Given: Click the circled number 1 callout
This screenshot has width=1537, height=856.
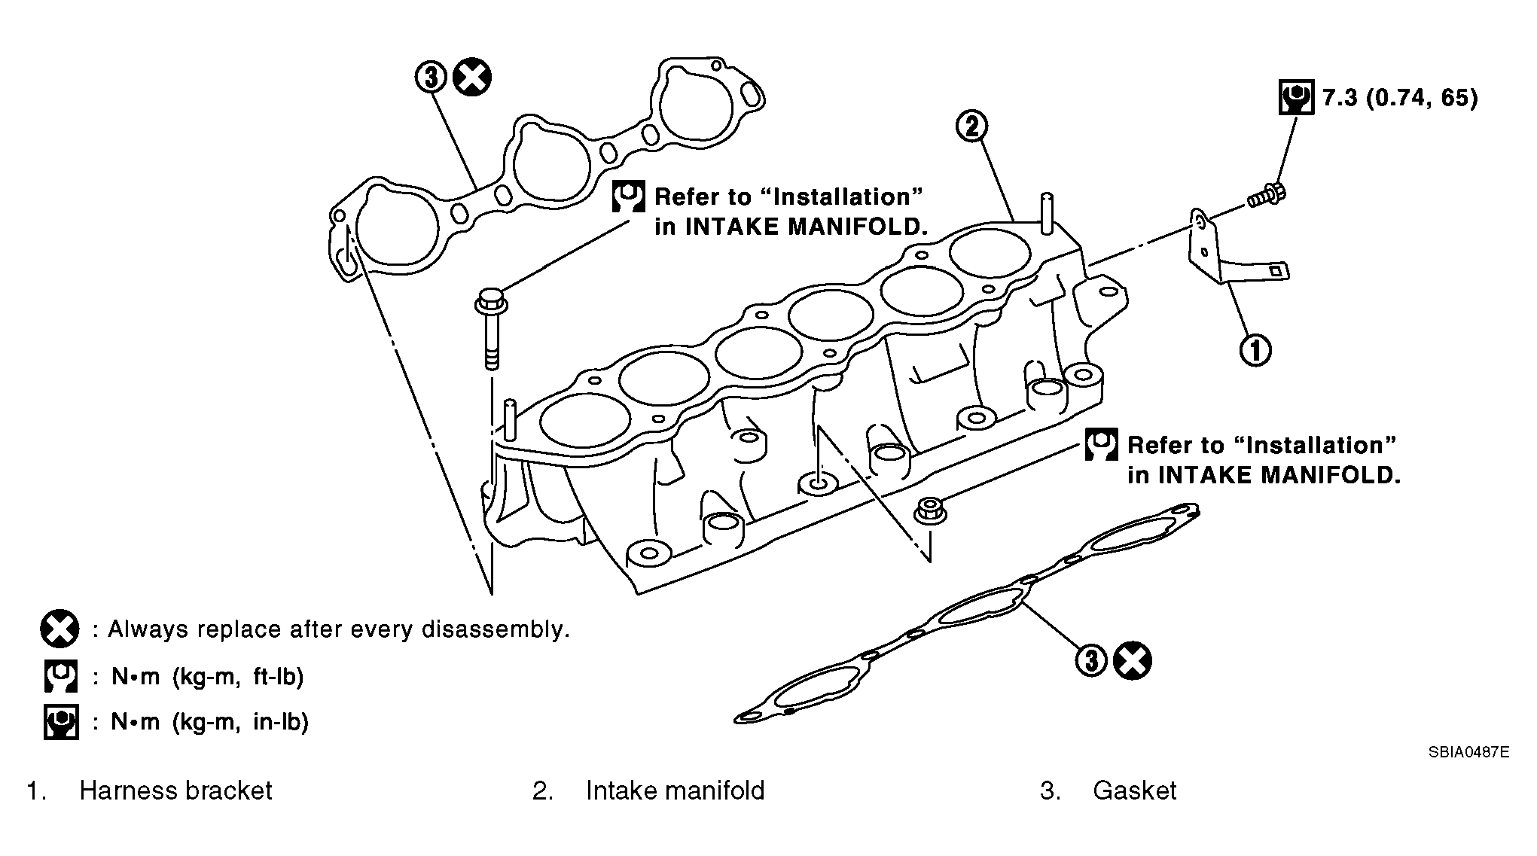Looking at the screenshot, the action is pos(1255,350).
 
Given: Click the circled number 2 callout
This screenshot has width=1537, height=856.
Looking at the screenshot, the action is pos(972,126).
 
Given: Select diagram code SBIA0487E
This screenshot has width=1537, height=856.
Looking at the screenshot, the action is pos(1468,752).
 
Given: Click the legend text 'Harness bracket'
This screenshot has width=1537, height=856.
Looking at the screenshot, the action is pos(175,791).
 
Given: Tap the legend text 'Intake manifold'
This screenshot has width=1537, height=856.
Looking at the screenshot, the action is pos(675,791).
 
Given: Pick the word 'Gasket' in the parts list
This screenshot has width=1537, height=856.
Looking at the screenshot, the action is pos(1134,791).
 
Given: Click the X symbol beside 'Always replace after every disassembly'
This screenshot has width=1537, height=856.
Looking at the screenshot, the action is pos(59,629).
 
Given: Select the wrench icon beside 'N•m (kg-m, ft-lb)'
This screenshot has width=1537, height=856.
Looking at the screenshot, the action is pos(60,676).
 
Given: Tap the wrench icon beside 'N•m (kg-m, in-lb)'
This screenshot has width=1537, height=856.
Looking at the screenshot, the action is pos(61,722).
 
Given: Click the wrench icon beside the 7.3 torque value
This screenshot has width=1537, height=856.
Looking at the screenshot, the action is pos(1296,97).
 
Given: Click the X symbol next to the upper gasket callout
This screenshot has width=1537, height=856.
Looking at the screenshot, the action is pos(472,77).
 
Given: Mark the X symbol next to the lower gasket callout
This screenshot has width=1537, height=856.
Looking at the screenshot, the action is pos(1132,661).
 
